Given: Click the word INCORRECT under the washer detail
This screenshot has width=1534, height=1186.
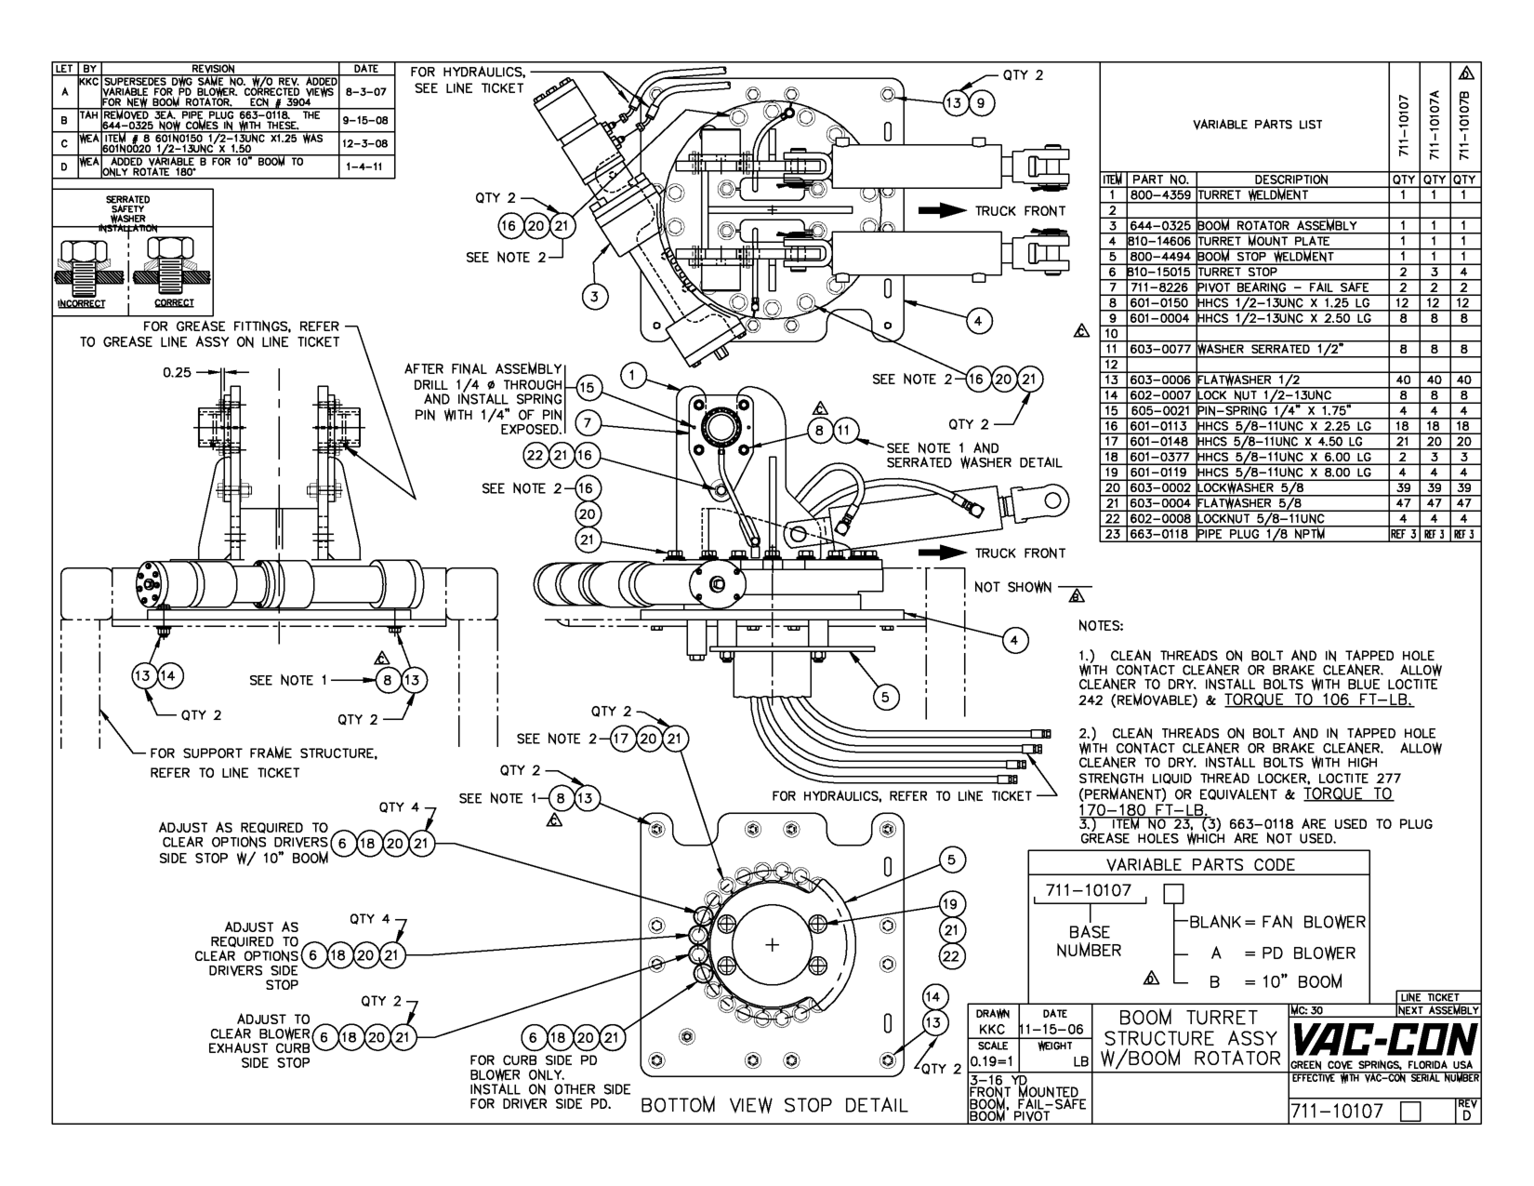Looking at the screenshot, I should [x=80, y=303].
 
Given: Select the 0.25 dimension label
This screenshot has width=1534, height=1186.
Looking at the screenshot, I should [x=177, y=373].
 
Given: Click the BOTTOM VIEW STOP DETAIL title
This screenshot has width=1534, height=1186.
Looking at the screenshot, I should [x=774, y=1105].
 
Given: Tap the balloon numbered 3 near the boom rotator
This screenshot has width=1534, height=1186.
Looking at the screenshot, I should [x=595, y=297].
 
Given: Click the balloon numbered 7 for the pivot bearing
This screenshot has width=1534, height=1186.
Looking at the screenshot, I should [x=588, y=423].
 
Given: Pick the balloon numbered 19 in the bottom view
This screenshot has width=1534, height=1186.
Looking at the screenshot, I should [x=949, y=903].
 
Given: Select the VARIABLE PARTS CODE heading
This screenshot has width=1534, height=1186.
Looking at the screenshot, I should [x=1199, y=864].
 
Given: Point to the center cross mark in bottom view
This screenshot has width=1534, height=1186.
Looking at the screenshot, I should [x=772, y=945].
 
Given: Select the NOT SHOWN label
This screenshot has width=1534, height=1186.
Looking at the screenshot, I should [x=1012, y=587].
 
